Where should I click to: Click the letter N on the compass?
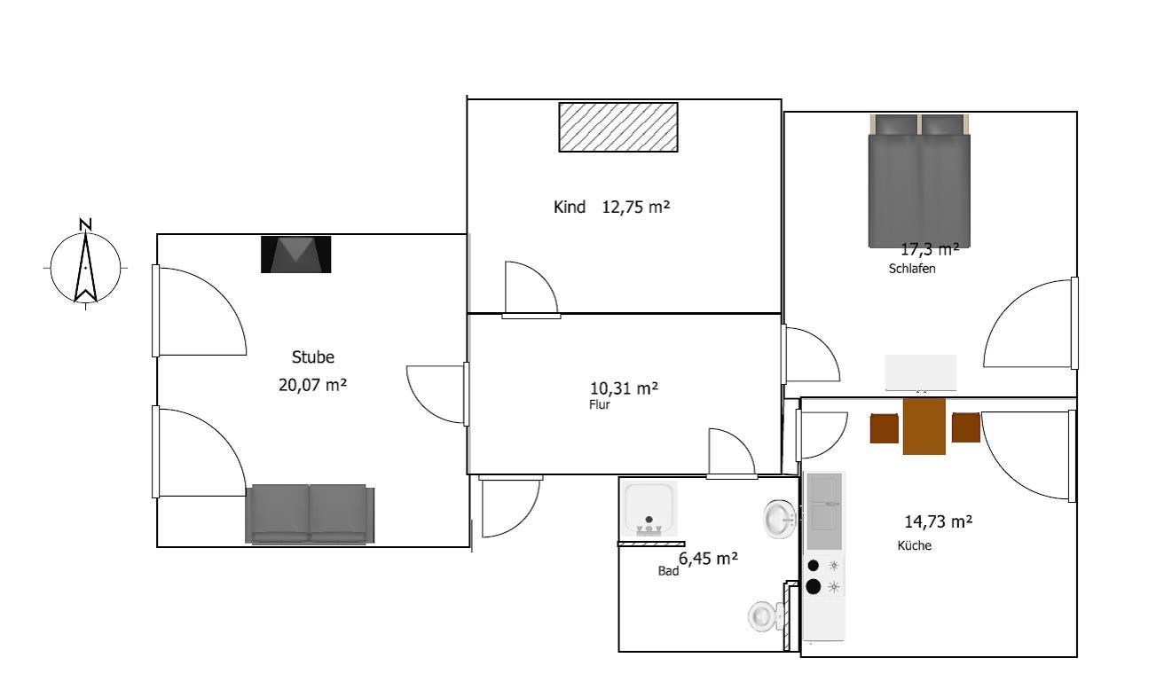pos(85,225)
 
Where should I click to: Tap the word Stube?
pos(313,356)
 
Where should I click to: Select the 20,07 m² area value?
pos(313,385)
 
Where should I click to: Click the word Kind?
pos(570,208)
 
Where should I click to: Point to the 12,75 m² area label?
pos(636,208)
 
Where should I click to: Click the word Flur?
pos(599,404)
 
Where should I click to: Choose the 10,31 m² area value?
pos(624,388)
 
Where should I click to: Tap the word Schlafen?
pos(912,269)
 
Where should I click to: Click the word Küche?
pos(914,545)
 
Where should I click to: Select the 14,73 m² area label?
pos(939,521)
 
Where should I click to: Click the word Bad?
pos(668,571)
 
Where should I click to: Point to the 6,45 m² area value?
pos(708,559)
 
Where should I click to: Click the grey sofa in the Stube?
pos(311,514)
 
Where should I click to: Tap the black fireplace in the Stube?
pos(295,255)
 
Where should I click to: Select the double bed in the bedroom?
pos(919,181)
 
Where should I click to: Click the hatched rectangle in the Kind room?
pos(618,127)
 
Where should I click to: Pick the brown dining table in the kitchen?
pos(924,427)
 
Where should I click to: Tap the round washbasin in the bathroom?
pos(780,519)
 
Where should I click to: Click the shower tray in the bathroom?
pos(649,509)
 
